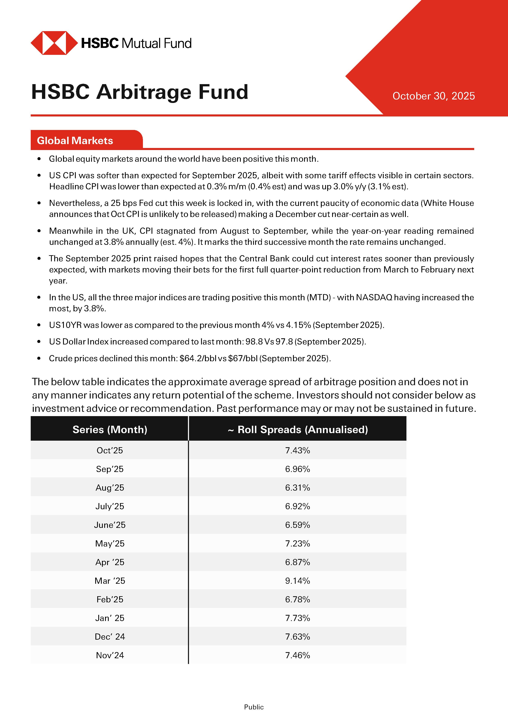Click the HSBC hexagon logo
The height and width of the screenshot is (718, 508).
[54, 43]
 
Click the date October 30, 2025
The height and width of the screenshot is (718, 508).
[433, 96]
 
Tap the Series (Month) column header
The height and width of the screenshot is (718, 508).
[110, 429]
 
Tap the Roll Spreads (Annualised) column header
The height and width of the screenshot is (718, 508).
[298, 429]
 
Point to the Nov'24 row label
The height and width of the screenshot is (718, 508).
[110, 655]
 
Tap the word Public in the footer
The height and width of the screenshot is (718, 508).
[254, 707]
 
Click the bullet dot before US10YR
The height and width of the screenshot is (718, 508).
[39, 325]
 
